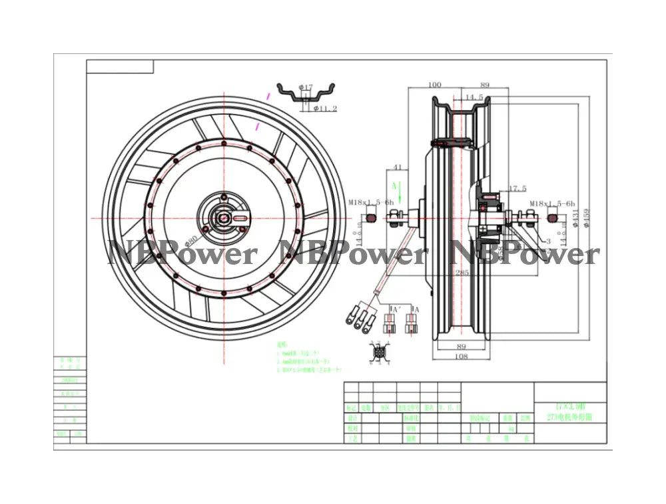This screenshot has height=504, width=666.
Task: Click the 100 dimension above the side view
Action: (435, 85)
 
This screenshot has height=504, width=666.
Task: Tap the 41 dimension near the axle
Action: (398, 167)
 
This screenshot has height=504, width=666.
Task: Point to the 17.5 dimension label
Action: (517, 189)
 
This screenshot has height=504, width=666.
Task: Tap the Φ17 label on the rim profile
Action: (306, 87)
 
